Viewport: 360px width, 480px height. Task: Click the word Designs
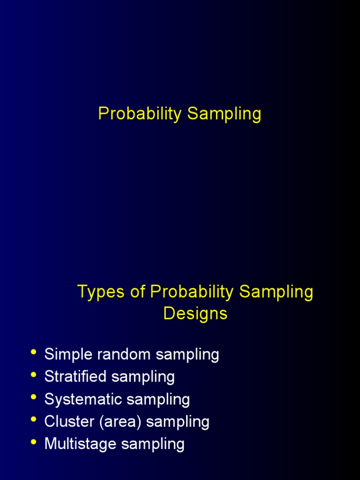click(195, 313)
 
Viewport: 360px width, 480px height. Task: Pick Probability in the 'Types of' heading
click(192, 292)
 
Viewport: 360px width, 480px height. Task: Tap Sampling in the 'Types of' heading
click(276, 292)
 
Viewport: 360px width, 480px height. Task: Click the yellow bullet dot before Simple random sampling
click(33, 352)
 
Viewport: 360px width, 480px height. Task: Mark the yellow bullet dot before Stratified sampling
click(33, 375)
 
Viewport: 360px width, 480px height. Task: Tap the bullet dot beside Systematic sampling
click(33, 397)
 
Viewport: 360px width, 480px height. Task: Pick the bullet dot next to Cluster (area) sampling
click(33, 420)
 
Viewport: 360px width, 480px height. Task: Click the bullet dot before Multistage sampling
click(33, 442)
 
